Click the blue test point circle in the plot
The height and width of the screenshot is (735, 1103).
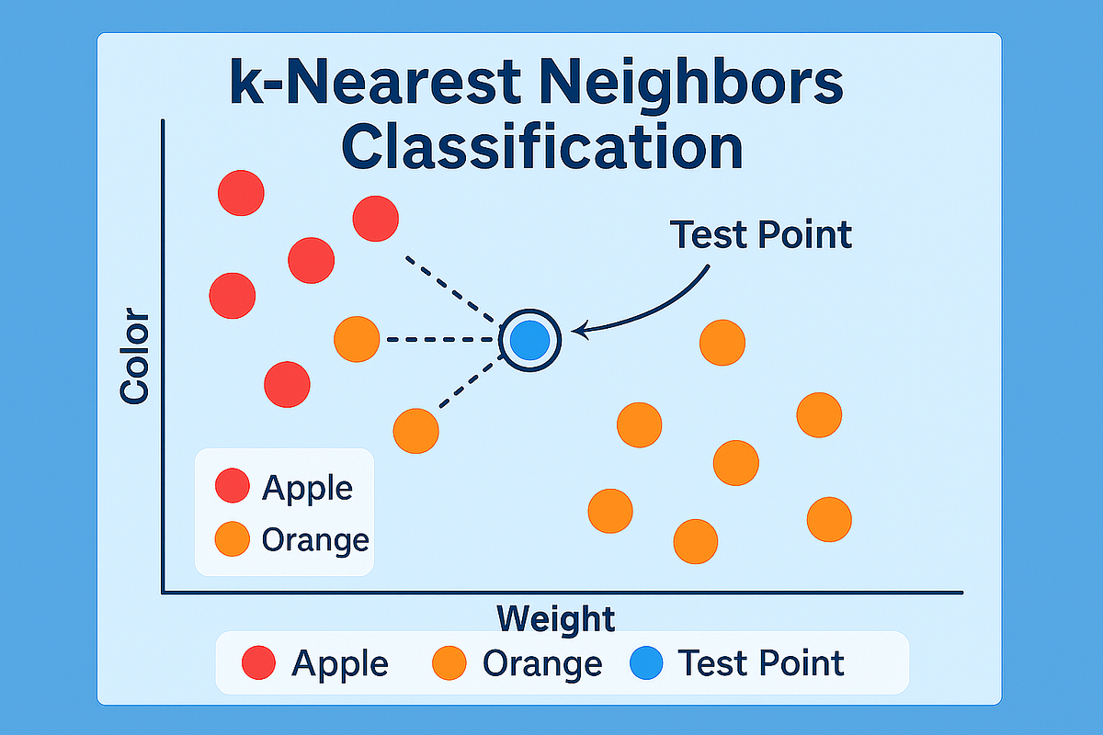(x=529, y=340)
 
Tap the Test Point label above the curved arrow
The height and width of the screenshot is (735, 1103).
(x=761, y=235)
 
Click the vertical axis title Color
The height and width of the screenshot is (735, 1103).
(x=134, y=356)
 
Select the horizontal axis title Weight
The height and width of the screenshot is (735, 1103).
(x=555, y=618)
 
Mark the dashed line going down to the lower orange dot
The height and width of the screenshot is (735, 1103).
(x=469, y=384)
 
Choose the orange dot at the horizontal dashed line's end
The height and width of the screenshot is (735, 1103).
(x=357, y=340)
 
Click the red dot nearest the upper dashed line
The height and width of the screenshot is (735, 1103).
(x=375, y=219)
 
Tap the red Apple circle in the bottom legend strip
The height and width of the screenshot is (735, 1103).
(x=259, y=663)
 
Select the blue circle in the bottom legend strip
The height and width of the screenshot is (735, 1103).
(x=647, y=663)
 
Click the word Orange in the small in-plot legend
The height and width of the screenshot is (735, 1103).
(x=315, y=539)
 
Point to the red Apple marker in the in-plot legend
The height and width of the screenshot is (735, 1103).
(x=232, y=486)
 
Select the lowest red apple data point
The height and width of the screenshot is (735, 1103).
(x=287, y=384)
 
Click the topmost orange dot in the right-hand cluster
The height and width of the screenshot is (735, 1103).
(x=722, y=343)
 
